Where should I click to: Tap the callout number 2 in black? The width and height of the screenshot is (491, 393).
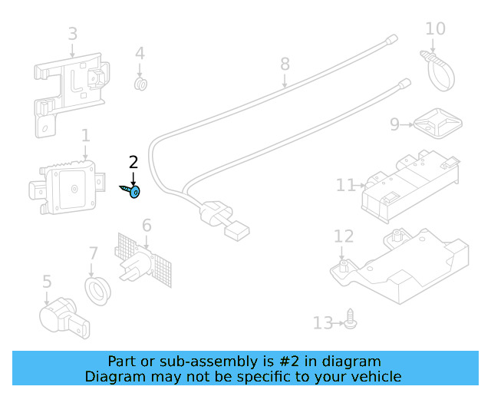click(x=133, y=162)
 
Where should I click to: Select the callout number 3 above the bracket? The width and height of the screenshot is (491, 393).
click(x=73, y=34)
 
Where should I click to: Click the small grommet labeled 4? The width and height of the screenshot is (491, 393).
click(x=140, y=84)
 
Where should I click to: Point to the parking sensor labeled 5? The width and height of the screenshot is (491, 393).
click(x=64, y=318)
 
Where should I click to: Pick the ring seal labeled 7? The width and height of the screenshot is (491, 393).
click(x=97, y=291)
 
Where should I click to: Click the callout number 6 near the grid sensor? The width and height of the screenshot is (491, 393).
click(x=147, y=226)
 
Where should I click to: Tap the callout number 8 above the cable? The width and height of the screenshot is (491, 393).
click(x=285, y=64)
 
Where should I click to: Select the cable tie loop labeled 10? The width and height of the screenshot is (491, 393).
click(x=438, y=71)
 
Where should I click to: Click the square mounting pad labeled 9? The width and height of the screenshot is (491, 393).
click(x=438, y=124)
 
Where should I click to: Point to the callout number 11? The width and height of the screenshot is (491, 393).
click(x=345, y=185)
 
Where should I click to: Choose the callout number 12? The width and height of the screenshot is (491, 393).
click(x=344, y=236)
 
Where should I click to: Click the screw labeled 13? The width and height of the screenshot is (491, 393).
click(x=351, y=319)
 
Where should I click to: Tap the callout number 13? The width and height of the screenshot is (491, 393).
click(x=323, y=323)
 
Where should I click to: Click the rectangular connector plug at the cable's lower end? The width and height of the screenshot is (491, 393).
click(x=237, y=231)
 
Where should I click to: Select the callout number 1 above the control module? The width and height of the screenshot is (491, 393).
click(x=85, y=136)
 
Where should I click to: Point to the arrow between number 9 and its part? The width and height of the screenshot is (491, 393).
click(x=407, y=125)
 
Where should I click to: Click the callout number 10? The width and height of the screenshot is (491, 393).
click(x=435, y=29)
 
